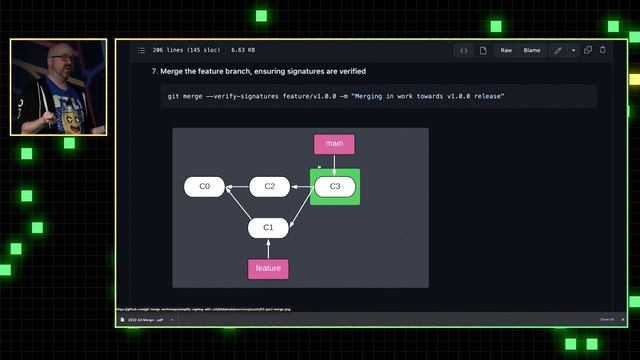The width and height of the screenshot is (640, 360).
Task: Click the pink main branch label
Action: click(334, 144)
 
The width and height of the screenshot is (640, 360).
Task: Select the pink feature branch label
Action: click(268, 268)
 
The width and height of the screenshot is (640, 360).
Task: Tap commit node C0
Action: click(204, 186)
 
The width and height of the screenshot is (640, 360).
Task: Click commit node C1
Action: click(268, 227)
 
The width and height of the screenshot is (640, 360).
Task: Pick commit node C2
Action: click(269, 186)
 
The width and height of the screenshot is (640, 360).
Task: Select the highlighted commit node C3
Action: click(335, 186)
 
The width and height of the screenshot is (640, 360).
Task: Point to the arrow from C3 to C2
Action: click(302, 186)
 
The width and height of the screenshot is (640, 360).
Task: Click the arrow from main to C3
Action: click(334, 165)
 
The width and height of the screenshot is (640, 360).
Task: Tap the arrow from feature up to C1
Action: click(268, 248)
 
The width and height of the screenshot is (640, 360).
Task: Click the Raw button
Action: click(506, 50)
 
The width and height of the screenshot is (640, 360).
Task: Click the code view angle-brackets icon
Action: click(464, 50)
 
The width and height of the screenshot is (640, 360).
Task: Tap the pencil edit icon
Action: click(558, 50)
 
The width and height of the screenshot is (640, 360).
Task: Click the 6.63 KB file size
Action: click(243, 50)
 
